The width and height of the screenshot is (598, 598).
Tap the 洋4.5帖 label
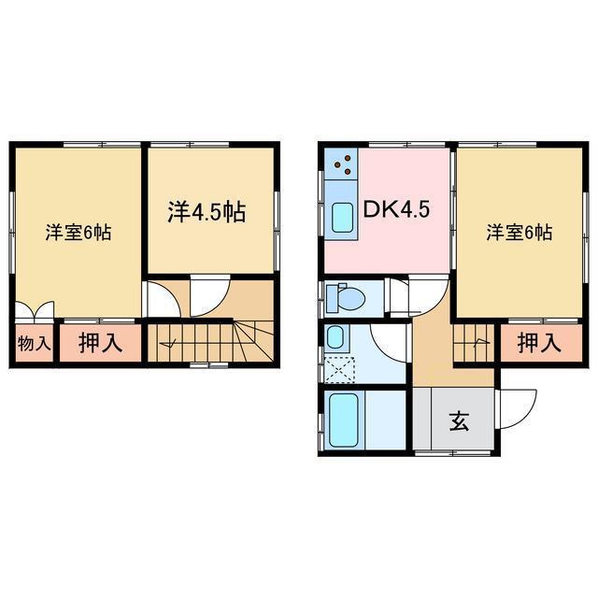pos(206,211)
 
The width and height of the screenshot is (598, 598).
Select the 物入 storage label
pos(34,343)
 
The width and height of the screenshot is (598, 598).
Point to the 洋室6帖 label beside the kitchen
pos(519,233)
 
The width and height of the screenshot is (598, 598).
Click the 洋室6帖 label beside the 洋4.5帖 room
pos(78,233)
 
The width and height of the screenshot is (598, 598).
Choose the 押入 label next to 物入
pos(100,343)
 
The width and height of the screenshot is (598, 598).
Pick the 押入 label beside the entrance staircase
pos(539,343)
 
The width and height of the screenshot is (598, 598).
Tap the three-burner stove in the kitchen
pos(342,166)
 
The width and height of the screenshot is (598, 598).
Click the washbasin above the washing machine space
pos(335,336)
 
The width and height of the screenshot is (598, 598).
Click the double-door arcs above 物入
pos(36,311)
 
